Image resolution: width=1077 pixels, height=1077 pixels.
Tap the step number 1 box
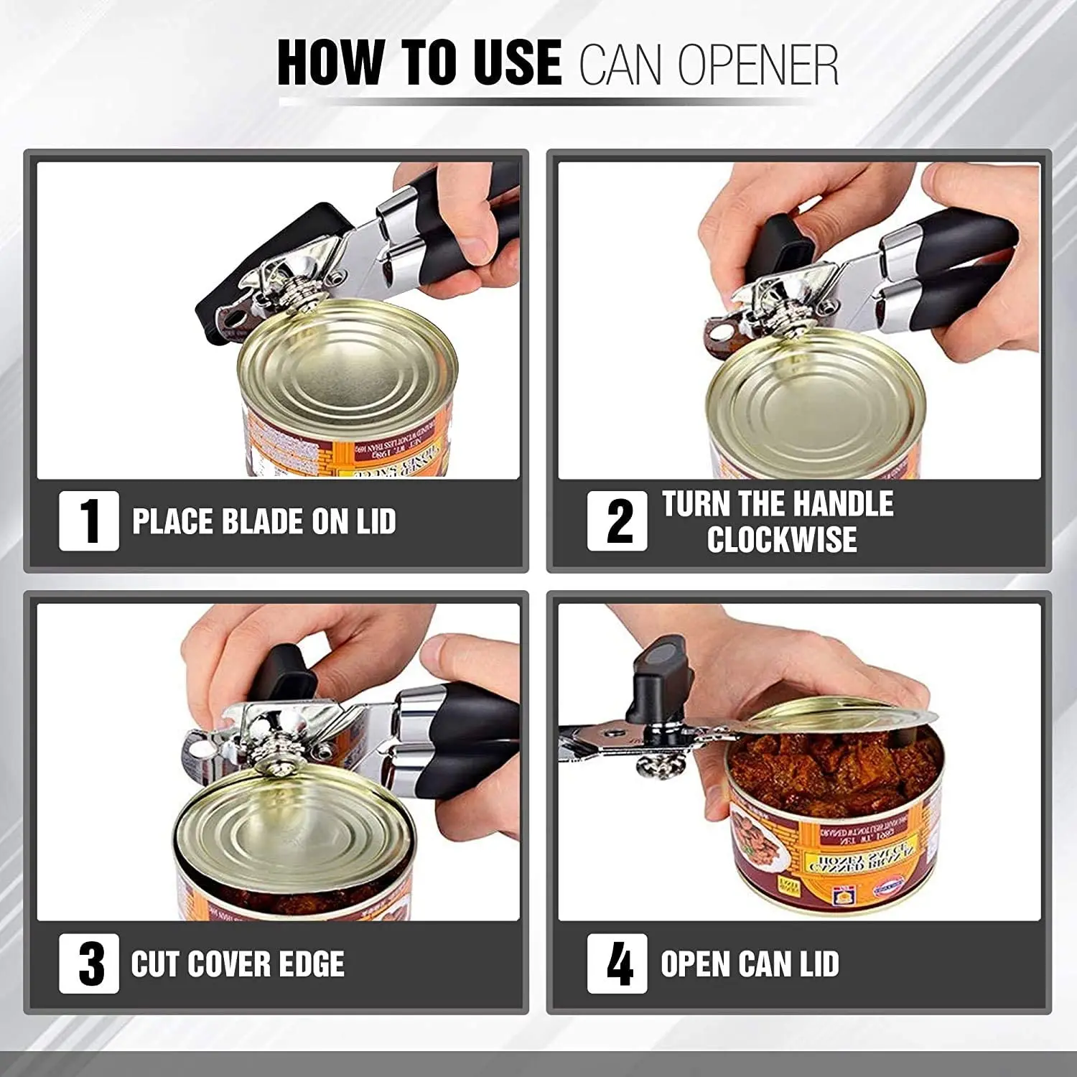(x=89, y=521)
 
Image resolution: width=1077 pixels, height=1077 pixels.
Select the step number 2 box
(x=617, y=521)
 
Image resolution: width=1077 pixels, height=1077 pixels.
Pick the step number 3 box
(x=89, y=964)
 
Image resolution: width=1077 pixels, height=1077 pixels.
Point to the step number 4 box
(x=617, y=964)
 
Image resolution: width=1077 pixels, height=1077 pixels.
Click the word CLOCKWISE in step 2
(x=782, y=540)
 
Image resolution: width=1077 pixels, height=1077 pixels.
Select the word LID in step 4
(x=819, y=964)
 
